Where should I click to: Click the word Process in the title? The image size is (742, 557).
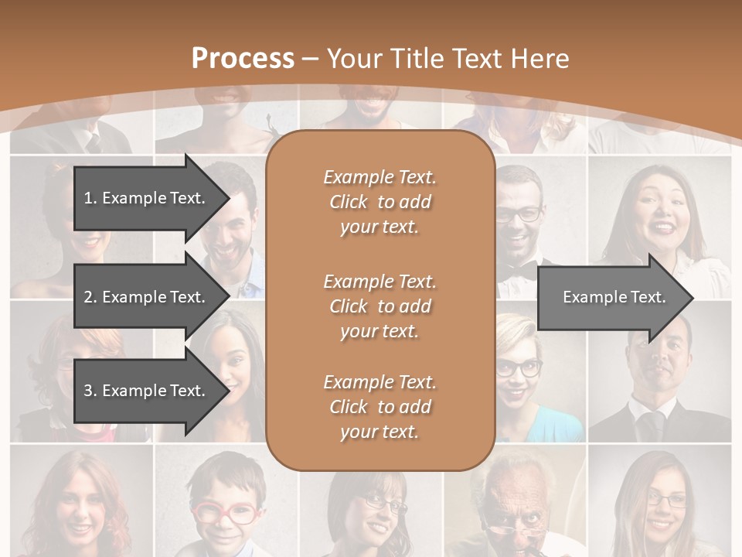coord(243,59)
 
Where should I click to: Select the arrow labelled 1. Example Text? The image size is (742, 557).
coord(147,198)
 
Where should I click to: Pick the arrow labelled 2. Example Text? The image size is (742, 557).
coord(147,297)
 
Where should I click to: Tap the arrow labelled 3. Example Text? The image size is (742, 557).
coord(147,391)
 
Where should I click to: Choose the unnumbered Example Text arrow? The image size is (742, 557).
coord(614,297)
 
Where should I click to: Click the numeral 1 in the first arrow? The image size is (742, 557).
coord(88,198)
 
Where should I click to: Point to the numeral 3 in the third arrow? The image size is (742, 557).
coord(88,391)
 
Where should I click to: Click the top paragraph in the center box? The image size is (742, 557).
coord(380,202)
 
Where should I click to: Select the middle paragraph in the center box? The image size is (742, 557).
coord(380,306)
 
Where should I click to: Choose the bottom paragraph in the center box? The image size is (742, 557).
coord(380,407)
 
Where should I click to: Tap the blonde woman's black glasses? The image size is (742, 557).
coord(519,368)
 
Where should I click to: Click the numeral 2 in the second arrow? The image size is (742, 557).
coord(88,297)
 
